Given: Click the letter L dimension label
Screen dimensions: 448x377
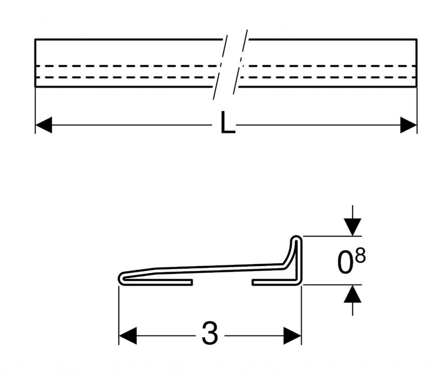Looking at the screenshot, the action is pyautogui.click(x=227, y=122).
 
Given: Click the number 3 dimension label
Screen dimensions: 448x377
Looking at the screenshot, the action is pyautogui.click(x=210, y=333).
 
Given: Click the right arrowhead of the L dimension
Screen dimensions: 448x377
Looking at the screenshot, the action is pyautogui.click(x=408, y=125).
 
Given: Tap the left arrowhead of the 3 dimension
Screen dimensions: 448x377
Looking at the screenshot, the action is pyautogui.click(x=127, y=336).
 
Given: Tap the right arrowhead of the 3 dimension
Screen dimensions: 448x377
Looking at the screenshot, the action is pyautogui.click(x=292, y=336).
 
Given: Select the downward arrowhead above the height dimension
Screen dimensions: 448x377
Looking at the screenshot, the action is pyautogui.click(x=353, y=227).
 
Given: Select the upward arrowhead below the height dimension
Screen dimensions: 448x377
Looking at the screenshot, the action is pyautogui.click(x=353, y=294).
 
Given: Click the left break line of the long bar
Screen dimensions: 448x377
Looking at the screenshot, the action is pyautogui.click(x=220, y=68).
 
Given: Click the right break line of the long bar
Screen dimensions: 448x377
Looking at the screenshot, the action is pyautogui.click(x=240, y=62).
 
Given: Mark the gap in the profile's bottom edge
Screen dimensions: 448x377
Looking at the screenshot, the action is pyautogui.click(x=222, y=282).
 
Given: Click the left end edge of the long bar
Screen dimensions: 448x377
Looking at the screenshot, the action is pyautogui.click(x=35, y=63).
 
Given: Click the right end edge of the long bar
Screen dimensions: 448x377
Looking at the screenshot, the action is pyautogui.click(x=416, y=63).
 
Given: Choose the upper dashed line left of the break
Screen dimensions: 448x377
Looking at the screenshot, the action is pyautogui.click(x=126, y=66).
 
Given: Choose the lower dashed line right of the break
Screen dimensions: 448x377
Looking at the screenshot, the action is pyautogui.click(x=329, y=77).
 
